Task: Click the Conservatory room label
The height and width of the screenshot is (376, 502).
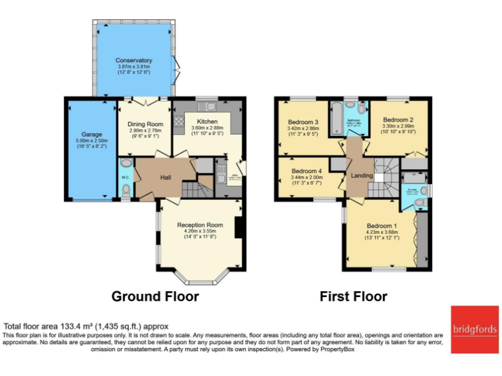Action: [134, 61]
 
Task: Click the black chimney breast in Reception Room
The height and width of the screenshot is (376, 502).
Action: [239, 228]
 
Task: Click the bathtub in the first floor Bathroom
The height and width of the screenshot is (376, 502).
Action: [335, 117]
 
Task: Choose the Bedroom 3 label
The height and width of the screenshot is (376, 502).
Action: [303, 122]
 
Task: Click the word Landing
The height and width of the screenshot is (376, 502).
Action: [362, 176]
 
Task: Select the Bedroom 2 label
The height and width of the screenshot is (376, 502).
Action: [399, 120]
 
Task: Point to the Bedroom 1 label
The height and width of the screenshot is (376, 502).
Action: [380, 226]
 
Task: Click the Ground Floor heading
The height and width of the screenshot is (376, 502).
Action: [155, 296]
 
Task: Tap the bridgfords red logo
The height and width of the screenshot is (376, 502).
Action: [475, 330]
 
